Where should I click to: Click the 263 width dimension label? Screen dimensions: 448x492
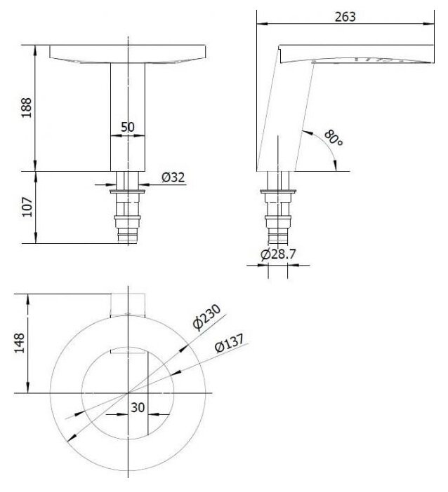[x=345, y=17]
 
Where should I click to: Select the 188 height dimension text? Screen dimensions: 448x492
[x=27, y=107]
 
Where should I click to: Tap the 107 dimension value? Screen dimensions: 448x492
[x=27, y=207]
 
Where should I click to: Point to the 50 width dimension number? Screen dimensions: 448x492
[x=128, y=127]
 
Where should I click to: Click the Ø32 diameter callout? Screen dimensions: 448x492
[x=173, y=177]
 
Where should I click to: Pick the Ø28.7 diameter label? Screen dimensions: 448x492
[x=278, y=254]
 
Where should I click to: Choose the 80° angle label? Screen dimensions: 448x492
[x=334, y=138]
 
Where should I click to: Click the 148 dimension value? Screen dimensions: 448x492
[x=20, y=343]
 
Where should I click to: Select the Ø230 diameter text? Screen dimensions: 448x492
[x=206, y=317]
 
